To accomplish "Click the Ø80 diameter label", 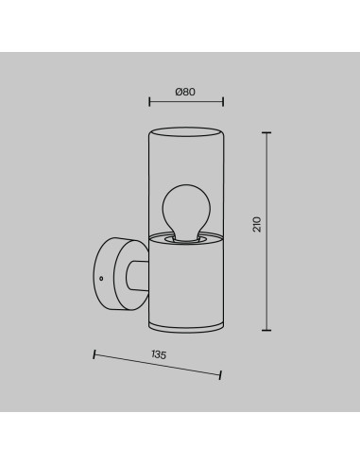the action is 186,92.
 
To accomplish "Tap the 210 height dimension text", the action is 257,224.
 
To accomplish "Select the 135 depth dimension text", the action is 159,354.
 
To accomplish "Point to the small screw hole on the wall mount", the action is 101,278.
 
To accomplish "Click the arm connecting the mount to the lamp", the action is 137,275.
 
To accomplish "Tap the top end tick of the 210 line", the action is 266,133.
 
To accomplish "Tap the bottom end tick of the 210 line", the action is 266,330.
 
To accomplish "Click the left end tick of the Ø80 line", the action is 149,102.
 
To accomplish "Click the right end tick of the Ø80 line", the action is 223,102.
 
